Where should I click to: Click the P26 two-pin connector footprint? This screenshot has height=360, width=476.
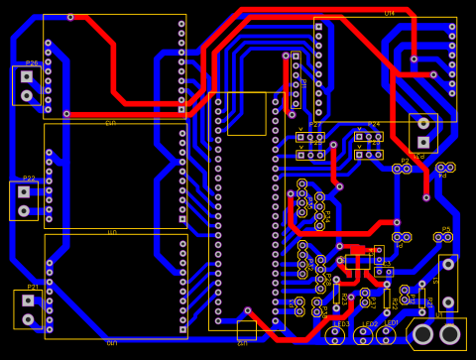[27, 85]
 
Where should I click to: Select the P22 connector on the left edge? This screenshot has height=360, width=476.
[24, 200]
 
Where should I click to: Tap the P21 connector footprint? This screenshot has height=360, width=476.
[28, 309]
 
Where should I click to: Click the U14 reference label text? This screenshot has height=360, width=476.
[390, 14]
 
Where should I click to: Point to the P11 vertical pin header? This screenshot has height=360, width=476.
[296, 80]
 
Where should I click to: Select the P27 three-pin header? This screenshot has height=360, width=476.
[310, 137]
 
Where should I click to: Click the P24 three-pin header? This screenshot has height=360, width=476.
[368, 137]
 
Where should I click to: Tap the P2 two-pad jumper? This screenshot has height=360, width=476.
[402, 169]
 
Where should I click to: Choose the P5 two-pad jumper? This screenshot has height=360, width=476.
[442, 238]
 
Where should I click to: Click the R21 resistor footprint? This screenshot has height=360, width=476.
[422, 295]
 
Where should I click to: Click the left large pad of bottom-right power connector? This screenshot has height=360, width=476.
[422, 334]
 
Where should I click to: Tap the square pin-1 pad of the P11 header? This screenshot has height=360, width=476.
[296, 58]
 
